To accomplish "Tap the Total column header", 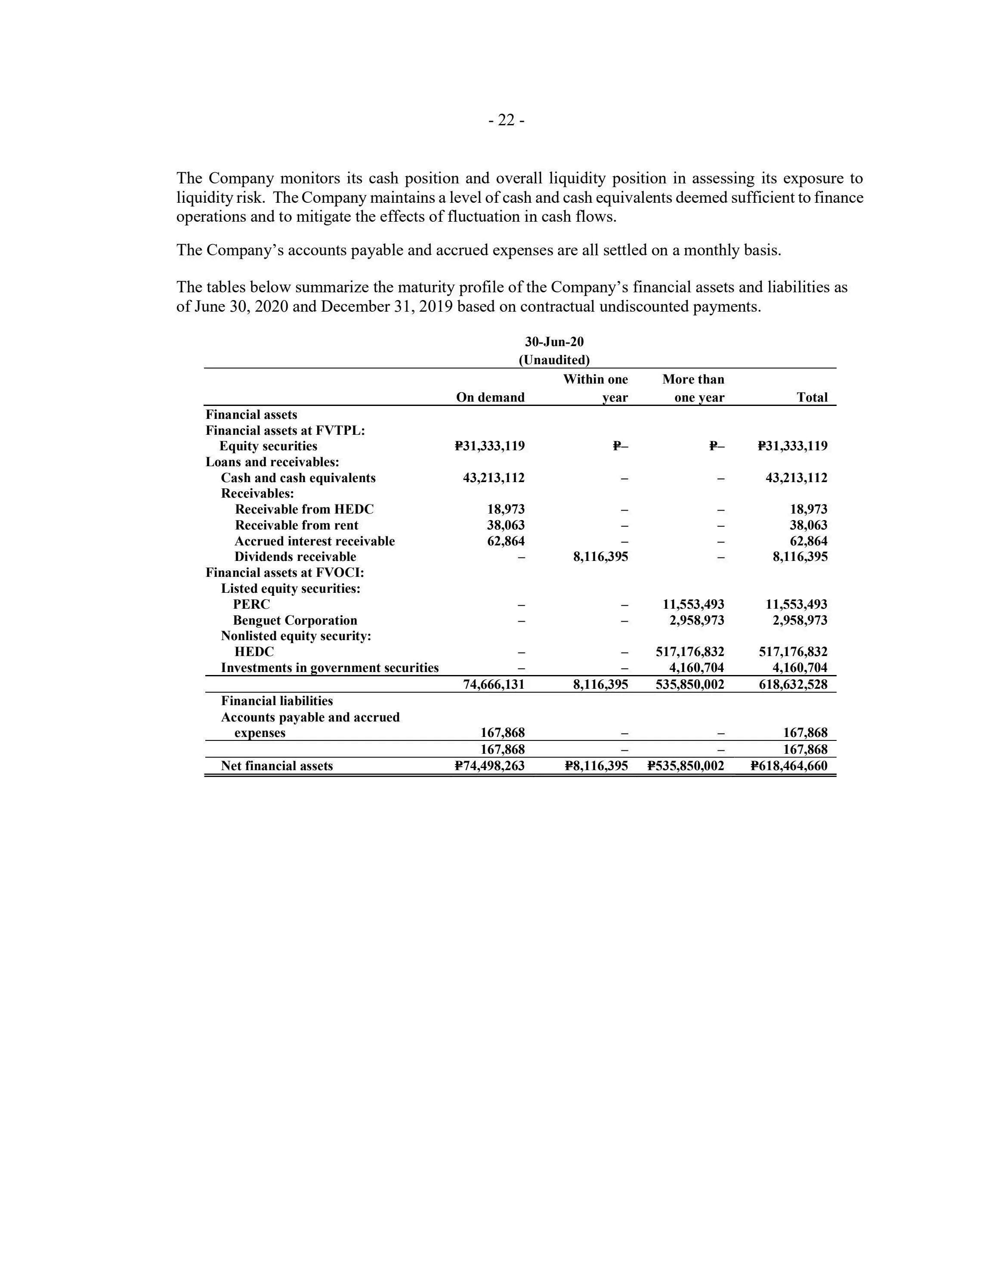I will pos(812,397).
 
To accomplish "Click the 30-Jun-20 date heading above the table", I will pos(554,342).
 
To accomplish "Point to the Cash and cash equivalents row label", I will pos(298,478).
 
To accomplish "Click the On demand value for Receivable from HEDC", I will pos(506,509).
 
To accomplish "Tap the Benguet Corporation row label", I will pos(295,620).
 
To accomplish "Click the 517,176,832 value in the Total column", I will pos(791,652).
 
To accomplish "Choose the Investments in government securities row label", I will pos(330,668).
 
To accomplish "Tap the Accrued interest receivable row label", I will pos(314,541).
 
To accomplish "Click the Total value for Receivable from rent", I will pos(808,525).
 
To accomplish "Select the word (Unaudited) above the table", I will pos(554,360).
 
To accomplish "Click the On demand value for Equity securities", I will pos(489,446).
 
